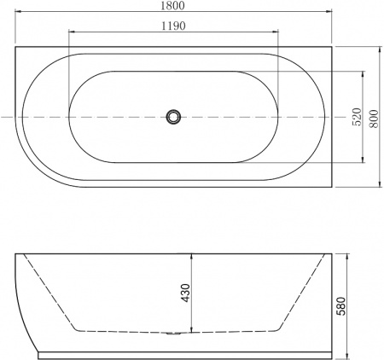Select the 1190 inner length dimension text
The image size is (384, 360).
pos(173,26)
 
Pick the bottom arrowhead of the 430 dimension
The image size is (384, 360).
pos(193,330)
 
